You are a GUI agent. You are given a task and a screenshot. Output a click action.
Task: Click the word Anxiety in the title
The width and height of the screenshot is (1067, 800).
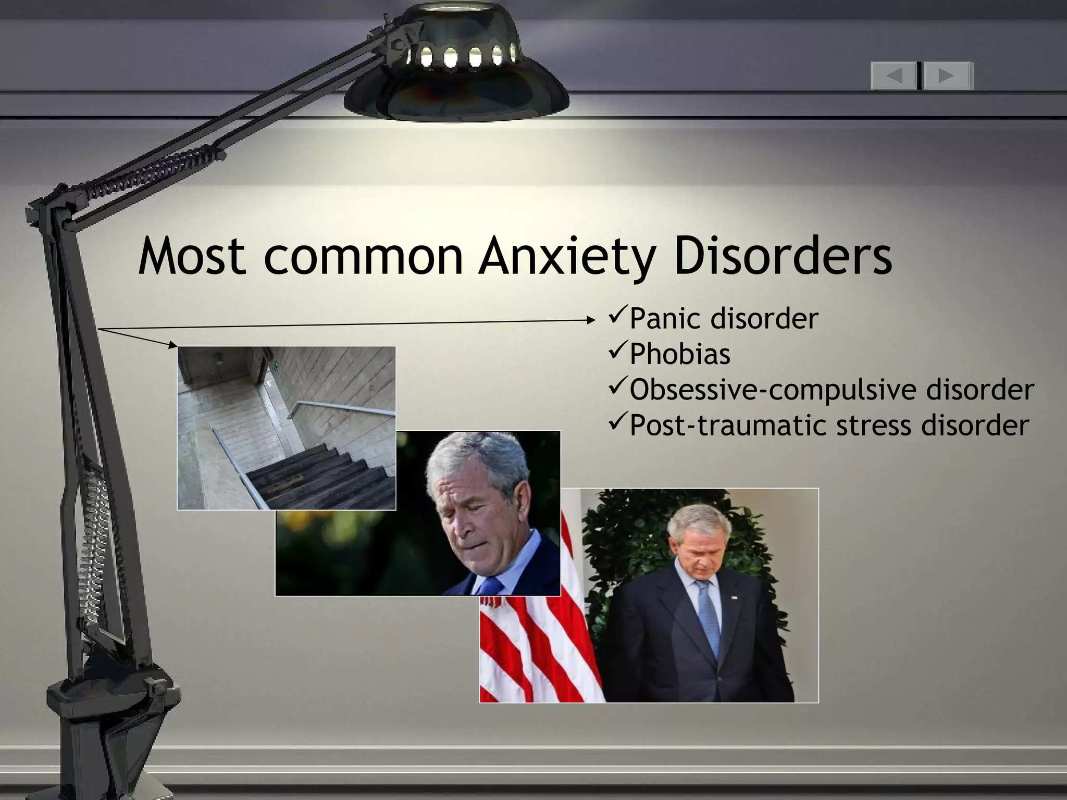[x=565, y=256]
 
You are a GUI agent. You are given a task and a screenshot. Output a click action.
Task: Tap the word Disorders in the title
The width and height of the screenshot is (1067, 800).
[x=783, y=256]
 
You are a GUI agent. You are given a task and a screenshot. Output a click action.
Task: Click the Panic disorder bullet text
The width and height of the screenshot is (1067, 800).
[x=724, y=319]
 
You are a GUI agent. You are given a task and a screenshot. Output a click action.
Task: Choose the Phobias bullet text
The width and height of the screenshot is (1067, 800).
[x=680, y=354]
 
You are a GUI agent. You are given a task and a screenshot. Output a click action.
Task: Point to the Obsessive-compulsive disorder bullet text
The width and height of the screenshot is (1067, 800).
[x=832, y=390]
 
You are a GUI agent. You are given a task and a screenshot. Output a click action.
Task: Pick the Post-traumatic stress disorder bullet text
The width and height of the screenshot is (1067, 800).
[x=829, y=425]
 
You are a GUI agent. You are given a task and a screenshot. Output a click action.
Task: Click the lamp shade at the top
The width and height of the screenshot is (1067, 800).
[x=456, y=68]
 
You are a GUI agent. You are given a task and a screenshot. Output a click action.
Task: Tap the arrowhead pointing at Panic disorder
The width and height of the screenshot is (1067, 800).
[x=591, y=321]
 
